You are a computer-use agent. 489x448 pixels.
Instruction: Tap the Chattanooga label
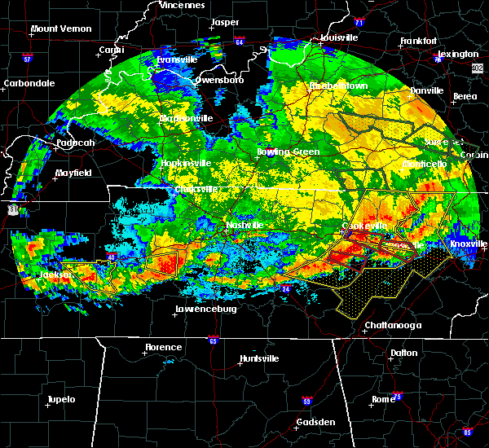pos(393,325)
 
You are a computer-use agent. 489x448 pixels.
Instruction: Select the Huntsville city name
pos(259,359)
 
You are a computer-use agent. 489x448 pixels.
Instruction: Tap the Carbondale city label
pos(28,83)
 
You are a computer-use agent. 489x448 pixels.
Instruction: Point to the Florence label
pos(163,347)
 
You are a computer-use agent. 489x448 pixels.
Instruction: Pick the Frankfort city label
pos(421,41)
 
